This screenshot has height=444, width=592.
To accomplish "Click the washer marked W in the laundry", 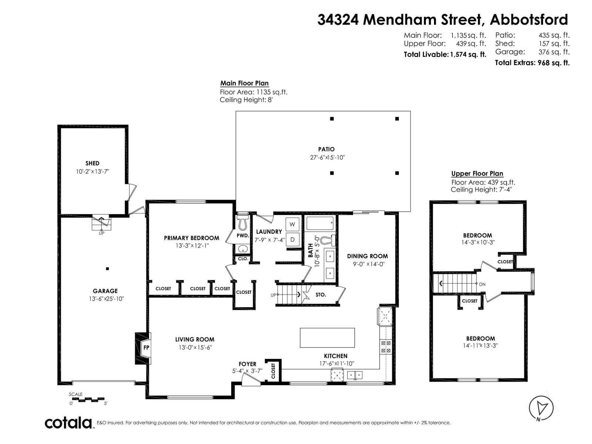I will click(292, 224).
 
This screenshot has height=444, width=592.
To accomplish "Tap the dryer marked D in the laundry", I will click(292, 239).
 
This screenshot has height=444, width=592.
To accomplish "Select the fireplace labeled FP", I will click(146, 347).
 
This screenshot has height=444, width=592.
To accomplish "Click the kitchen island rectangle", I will click(327, 337).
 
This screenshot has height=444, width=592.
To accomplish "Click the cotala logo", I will click(68, 423).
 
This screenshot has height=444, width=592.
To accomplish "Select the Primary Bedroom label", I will click(191, 238).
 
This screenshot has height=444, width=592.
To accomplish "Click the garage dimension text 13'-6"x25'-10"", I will click(106, 299).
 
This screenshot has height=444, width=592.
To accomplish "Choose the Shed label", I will click(92, 163).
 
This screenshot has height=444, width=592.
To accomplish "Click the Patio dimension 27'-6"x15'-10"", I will click(327, 157).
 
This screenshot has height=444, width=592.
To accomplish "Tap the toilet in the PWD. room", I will click(243, 223).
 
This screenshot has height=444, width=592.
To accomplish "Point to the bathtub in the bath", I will click(320, 223).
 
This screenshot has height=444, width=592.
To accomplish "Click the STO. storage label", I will click(321, 295).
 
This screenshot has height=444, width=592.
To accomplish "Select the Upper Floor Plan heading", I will click(477, 174).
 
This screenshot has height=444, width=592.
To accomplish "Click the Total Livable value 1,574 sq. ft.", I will click(468, 55).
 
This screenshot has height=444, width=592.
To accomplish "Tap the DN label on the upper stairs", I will click(482, 285).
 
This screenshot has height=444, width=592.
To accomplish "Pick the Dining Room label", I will click(367, 256).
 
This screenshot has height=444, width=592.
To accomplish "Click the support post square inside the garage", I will click(107, 269).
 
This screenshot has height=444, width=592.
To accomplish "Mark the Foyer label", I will click(247, 364).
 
